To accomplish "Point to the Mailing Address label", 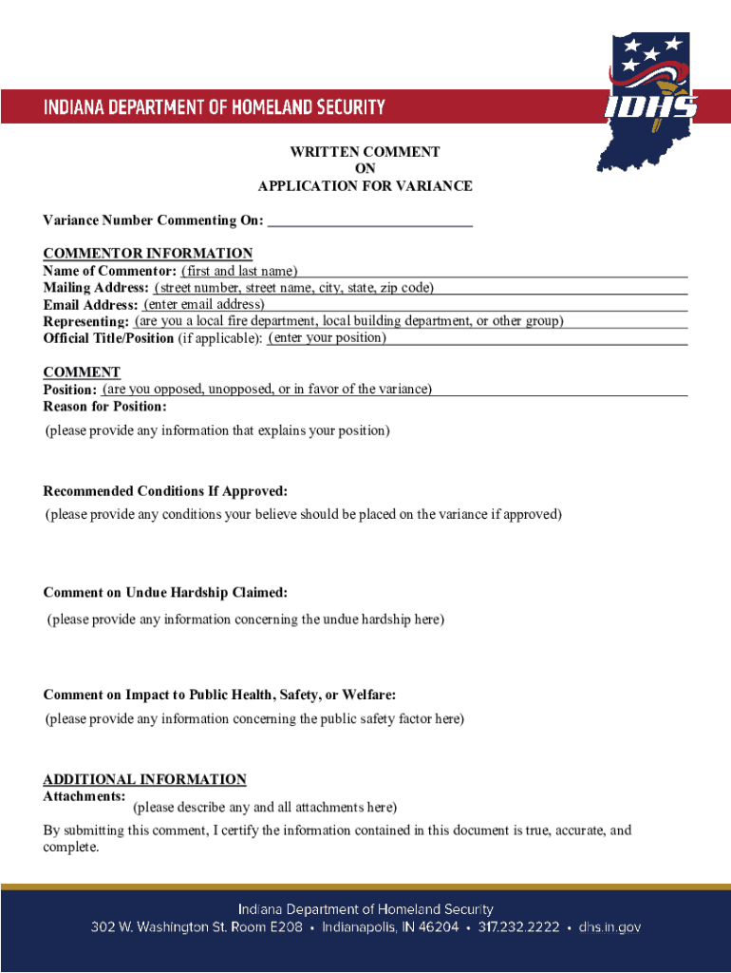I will tap(95, 288).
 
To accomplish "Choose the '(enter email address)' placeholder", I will tap(203, 305).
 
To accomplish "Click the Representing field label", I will tap(85, 322).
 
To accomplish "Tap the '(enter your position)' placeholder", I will tap(328, 338).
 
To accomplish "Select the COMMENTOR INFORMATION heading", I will tap(147, 253).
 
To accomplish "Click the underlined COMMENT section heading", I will tap(82, 372).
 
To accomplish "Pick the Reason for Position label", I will tap(104, 407).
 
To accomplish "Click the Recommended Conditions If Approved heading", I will tap(165, 491).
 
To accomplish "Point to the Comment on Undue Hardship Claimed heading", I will tap(165, 593).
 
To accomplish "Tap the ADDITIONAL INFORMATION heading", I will tap(144, 779).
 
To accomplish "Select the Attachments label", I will tap(84, 795).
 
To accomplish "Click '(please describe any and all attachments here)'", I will tap(264, 808).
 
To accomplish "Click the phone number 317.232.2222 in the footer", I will tap(518, 927).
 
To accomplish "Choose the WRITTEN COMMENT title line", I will tap(365, 152).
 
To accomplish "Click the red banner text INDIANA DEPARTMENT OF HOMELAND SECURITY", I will tap(214, 106).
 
